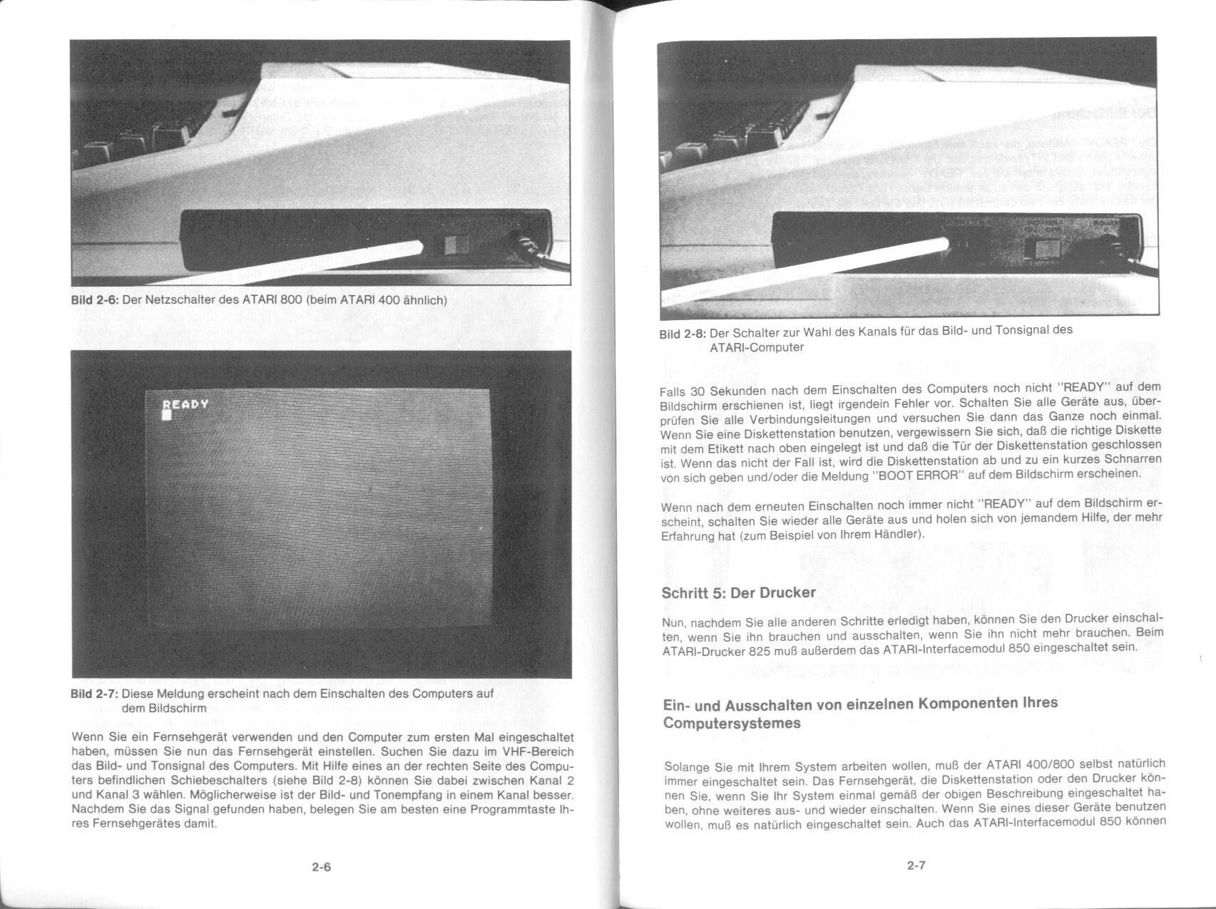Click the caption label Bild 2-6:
[95, 300]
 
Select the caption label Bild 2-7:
[95, 694]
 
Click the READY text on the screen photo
[185, 404]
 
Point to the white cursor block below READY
[167, 414]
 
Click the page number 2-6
[322, 868]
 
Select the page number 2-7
[916, 866]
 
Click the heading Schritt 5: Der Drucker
[738, 592]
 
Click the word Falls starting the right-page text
[674, 391]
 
